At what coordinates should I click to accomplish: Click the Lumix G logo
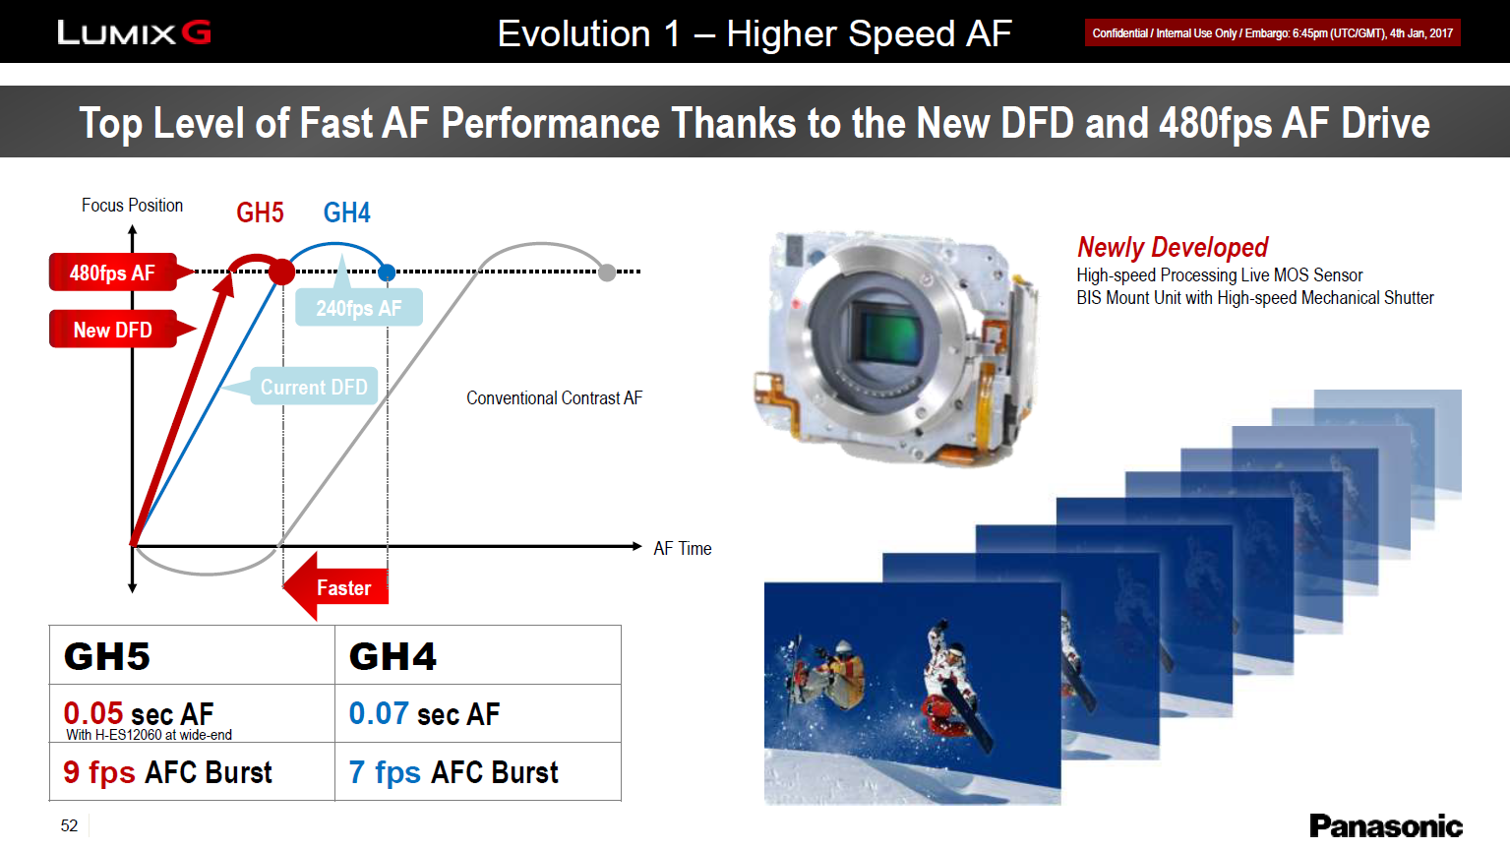click(134, 32)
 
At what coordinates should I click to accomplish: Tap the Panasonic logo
click(1386, 825)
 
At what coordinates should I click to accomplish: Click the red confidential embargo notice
click(1272, 33)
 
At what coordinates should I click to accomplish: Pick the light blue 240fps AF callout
click(359, 307)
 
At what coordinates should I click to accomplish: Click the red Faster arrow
click(335, 587)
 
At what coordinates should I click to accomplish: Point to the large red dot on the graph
click(281, 272)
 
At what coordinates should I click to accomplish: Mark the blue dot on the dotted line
click(387, 273)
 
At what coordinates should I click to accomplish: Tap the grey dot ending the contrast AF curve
click(607, 273)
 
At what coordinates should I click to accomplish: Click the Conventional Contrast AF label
click(554, 397)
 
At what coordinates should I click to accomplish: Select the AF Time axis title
click(682, 548)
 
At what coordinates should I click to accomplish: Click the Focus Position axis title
click(132, 205)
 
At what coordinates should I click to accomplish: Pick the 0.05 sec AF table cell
click(192, 713)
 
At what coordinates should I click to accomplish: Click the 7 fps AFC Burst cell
click(478, 772)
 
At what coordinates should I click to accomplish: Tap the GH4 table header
click(478, 655)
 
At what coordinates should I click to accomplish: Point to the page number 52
click(70, 825)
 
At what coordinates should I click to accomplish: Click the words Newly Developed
click(1173, 247)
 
